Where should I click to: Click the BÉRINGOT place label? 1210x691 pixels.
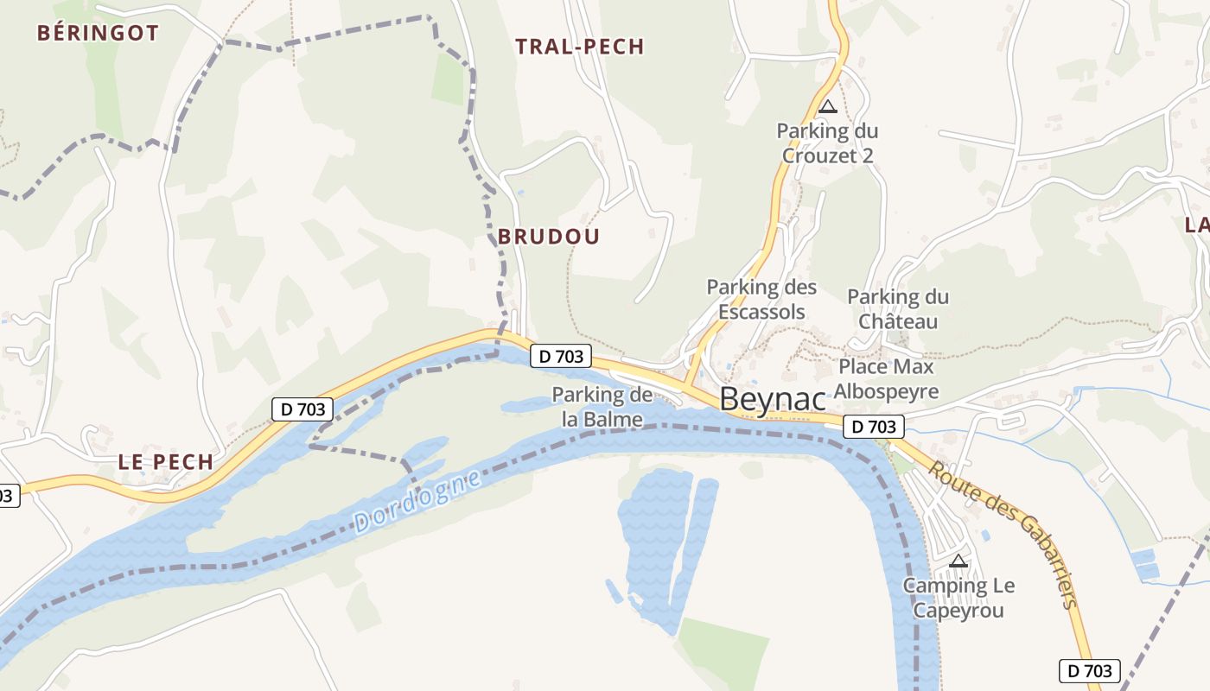(x=98, y=34)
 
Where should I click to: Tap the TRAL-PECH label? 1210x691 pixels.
(x=580, y=47)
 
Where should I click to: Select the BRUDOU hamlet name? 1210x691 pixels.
(x=549, y=237)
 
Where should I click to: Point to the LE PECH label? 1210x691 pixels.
(x=166, y=462)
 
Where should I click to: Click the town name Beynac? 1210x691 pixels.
(x=772, y=399)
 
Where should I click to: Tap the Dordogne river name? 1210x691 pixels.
(x=417, y=502)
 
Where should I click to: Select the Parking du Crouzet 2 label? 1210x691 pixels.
(x=827, y=143)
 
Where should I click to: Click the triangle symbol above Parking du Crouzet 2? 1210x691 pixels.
(x=828, y=107)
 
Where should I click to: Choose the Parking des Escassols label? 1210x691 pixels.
(x=761, y=299)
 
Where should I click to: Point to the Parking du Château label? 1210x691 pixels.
(x=898, y=309)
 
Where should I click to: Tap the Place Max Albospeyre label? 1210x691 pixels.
(x=886, y=379)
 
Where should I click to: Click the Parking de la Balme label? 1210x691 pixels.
(x=602, y=408)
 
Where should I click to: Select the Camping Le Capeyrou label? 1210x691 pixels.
(x=958, y=598)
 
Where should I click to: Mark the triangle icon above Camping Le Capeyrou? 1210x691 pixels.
(x=958, y=561)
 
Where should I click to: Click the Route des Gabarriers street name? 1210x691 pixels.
(x=1007, y=534)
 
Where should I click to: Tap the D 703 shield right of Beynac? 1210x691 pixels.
(x=874, y=427)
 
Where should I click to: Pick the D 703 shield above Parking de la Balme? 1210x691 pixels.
(x=561, y=355)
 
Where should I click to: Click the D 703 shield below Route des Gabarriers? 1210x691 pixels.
(x=1090, y=671)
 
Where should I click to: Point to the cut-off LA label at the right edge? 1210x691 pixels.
(x=1197, y=226)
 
